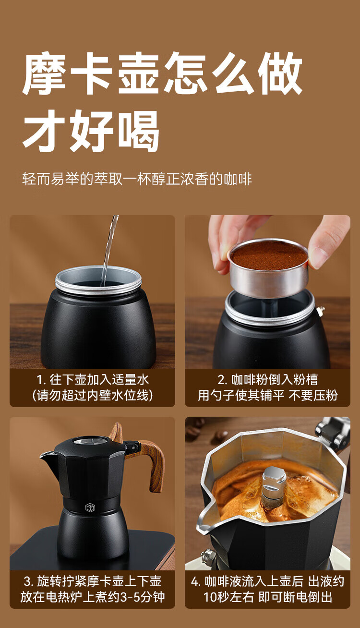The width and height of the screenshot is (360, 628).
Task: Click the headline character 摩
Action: tap(44, 73)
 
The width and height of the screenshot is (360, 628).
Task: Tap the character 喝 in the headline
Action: tap(138, 131)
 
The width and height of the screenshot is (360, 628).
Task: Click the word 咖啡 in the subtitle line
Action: tap(238, 179)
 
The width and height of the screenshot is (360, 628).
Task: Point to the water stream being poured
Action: tap(109, 250)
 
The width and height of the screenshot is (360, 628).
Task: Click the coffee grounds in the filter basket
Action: tap(269, 255)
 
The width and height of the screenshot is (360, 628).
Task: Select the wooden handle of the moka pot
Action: tap(150, 460)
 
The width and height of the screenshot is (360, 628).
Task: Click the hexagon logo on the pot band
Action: tap(90, 507)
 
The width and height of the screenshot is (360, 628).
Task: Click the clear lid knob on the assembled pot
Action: tap(90, 441)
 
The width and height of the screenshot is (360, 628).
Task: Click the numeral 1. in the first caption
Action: tap(41, 380)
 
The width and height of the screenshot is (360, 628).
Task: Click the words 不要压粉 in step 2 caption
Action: tap(313, 396)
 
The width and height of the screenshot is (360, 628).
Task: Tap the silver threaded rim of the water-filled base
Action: tap(98, 280)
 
